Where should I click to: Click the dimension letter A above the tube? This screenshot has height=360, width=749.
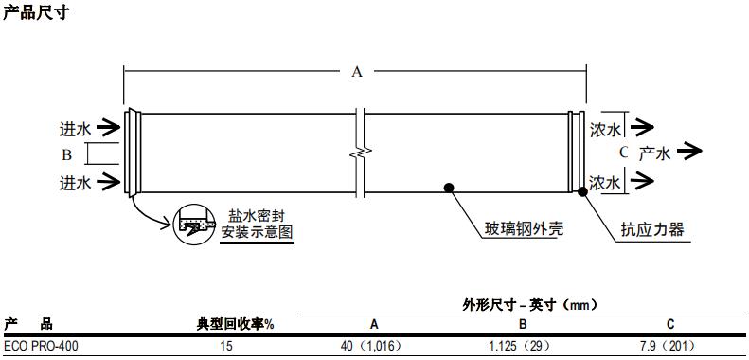pyautogui.click(x=357, y=72)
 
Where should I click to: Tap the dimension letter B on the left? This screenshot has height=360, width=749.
pyautogui.click(x=66, y=153)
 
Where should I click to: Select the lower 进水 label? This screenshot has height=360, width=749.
pyautogui.click(x=75, y=182)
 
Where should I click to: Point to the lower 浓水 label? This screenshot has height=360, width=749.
pyautogui.click(x=605, y=182)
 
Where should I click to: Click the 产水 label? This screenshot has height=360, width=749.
pyautogui.click(x=654, y=153)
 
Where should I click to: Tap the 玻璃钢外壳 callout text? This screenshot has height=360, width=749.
pyautogui.click(x=510, y=229)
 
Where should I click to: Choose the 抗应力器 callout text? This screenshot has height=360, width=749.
pyautogui.click(x=651, y=229)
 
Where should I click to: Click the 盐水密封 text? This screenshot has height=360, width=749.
pyautogui.click(x=256, y=215)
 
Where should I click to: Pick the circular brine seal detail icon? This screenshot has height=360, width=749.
pyautogui.click(x=196, y=225)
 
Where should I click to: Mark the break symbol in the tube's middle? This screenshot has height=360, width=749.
pyautogui.click(x=359, y=152)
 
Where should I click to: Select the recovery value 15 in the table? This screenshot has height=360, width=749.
pyautogui.click(x=226, y=347)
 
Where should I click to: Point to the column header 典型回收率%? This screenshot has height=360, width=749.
pyautogui.click(x=241, y=324)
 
